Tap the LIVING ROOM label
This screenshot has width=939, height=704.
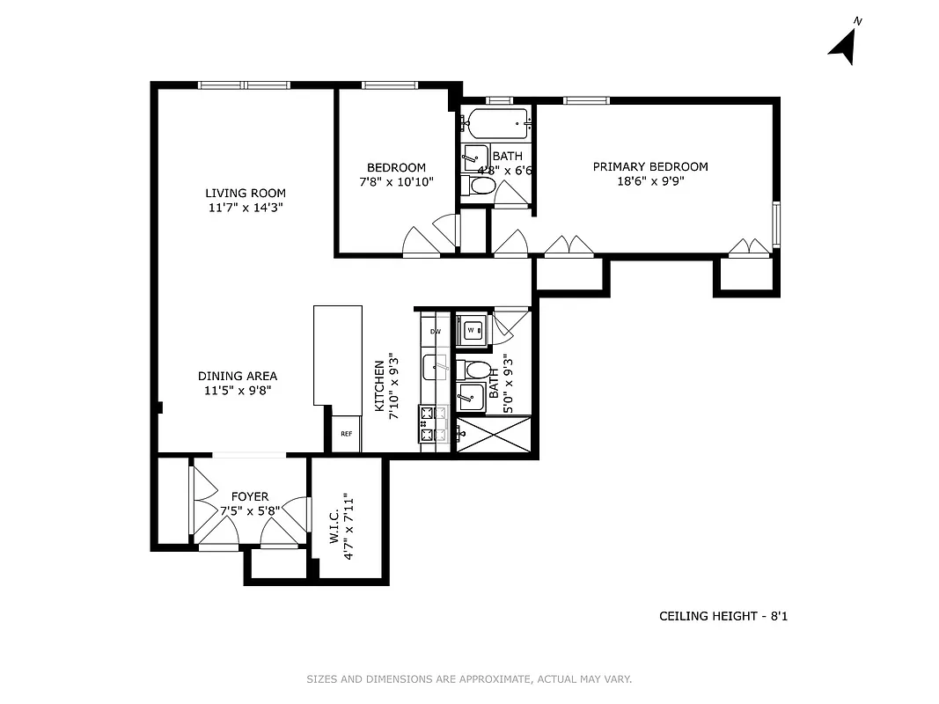point(246,193)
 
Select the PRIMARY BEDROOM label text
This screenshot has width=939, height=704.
point(649,166)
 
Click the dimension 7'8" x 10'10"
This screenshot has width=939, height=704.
point(396,181)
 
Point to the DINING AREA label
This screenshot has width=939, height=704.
point(237,376)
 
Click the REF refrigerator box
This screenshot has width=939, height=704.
point(346,433)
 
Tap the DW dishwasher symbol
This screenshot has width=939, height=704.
point(435,332)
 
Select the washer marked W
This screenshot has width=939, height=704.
point(471,330)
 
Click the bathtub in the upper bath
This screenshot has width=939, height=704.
point(497,122)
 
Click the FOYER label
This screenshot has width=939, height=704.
point(250,496)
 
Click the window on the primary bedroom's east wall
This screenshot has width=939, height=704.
point(776,224)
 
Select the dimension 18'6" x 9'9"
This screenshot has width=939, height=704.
point(649,181)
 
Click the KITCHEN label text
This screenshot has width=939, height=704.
point(379,386)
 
